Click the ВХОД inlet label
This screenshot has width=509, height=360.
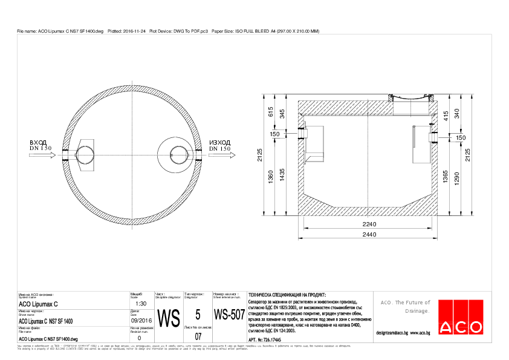(38, 142)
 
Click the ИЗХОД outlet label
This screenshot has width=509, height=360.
(219, 142)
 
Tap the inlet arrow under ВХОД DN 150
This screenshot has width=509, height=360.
(41, 155)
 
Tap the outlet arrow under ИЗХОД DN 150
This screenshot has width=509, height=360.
(221, 155)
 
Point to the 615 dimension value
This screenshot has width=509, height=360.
(271, 111)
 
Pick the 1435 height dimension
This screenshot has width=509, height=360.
(282, 176)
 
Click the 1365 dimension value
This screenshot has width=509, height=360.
(446, 177)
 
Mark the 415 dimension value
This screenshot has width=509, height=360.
(446, 116)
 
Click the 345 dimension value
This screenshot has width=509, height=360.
(282, 113)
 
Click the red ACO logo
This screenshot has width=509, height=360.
(462, 317)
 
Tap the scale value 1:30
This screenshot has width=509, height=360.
(141, 304)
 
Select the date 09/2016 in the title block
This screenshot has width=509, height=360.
(141, 320)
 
